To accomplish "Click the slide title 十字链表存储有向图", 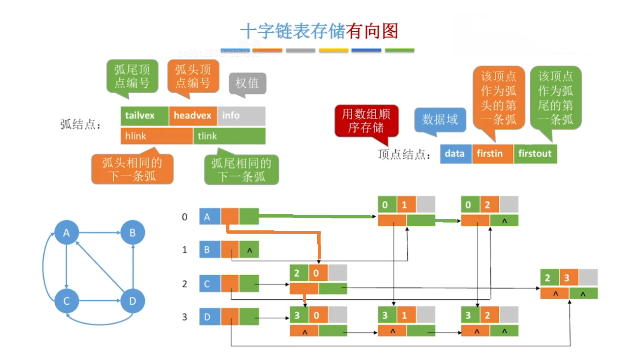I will (319, 31).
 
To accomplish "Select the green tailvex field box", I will (144, 116).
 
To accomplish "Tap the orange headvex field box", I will (193, 116).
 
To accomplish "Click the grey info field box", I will (241, 116).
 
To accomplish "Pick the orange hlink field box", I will (156, 136).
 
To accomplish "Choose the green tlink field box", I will (229, 136).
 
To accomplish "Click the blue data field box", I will (455, 154).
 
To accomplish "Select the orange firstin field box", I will (492, 154).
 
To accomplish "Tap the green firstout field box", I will (535, 154).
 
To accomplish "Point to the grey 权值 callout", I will (247, 83).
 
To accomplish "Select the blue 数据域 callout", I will (440, 119).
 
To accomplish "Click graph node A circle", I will (66, 233).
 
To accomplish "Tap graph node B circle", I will (132, 233).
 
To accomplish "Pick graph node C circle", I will (66, 301).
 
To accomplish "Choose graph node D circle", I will (132, 301).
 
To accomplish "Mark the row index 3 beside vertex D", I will (184, 317).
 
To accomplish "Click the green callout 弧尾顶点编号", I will (132, 76).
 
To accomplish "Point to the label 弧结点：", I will (80, 124).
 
